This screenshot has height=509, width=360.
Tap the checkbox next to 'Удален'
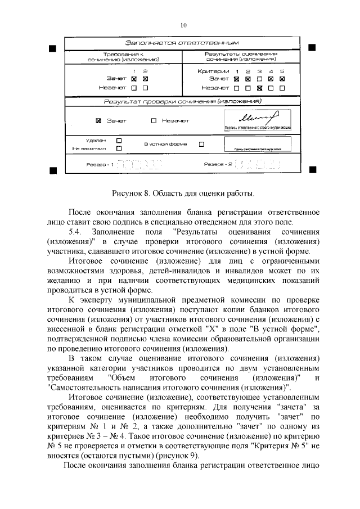click(119, 139)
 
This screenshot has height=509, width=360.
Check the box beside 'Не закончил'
click(119, 148)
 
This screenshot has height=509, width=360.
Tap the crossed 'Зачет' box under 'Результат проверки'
click(98, 120)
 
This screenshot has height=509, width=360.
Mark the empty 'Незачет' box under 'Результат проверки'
click(154, 120)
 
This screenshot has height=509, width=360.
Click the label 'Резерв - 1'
click(100, 165)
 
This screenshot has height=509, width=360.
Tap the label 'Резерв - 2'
click(218, 165)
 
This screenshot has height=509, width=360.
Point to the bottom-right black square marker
click(313, 169)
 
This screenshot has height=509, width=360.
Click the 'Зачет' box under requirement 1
click(134, 79)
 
